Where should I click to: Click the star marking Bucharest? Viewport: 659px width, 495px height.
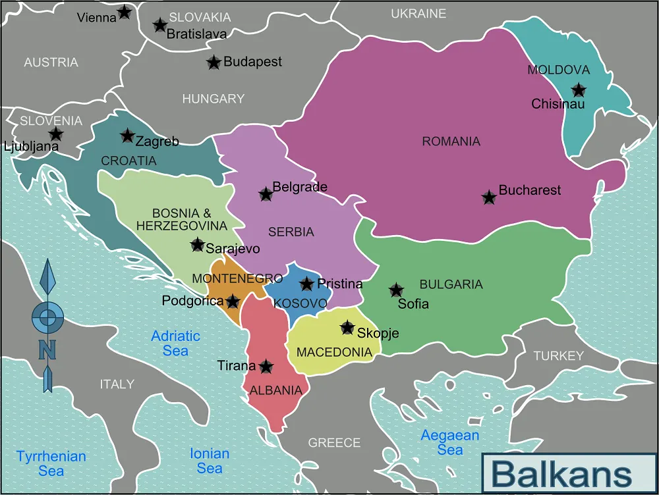coord(489,197)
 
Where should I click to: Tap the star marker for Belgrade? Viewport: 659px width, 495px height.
coord(266,194)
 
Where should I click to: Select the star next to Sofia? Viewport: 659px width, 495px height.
coord(396,290)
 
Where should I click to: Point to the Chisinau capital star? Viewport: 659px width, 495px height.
coord(579,90)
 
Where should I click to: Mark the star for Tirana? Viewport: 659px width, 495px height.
coord(266,367)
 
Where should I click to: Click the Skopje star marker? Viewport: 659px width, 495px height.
coord(347,328)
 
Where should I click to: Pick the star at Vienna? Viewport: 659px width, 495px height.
coord(124,12)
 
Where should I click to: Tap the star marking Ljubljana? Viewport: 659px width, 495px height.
coord(57,134)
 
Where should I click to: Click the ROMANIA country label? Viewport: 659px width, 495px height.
coord(451,142)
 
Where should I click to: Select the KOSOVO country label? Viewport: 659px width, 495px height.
coord(301,303)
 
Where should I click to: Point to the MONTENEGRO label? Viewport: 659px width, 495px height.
coord(237,278)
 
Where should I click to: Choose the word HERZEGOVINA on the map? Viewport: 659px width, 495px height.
coord(182,226)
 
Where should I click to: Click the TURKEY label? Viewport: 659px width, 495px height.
coord(559,356)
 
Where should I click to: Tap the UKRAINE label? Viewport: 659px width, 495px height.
coord(418,14)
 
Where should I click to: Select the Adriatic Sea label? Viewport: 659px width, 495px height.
coord(175,343)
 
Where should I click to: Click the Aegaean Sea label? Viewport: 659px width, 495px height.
coord(450,443)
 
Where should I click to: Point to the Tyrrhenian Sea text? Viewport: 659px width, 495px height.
coord(51,463)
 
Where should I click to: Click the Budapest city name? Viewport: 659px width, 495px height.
coord(252,62)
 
